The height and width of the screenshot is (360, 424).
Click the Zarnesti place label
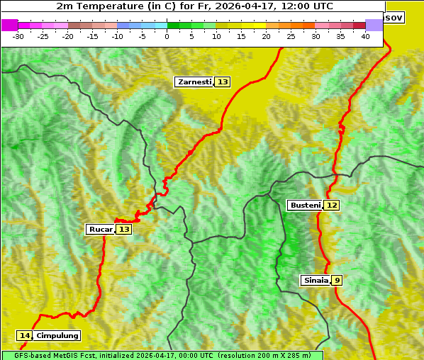coord(194,82)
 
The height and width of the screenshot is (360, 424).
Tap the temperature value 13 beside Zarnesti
coord(223,82)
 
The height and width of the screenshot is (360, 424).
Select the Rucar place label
coord(101,230)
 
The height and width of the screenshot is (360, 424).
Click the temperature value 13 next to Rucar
coord(124,230)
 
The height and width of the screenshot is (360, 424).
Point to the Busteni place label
coord(304,206)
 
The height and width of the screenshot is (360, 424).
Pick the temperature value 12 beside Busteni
coord(332,206)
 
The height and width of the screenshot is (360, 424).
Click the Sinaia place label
coord(316,281)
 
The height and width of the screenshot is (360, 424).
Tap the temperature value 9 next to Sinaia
coord(337,281)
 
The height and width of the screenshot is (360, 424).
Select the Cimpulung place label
coord(57,336)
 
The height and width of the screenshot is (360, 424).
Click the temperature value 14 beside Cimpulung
coord(25,336)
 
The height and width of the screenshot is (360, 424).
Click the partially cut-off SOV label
coord(394,17)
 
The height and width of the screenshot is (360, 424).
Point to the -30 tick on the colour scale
coord(18,36)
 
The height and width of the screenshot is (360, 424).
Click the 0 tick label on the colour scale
coord(167,36)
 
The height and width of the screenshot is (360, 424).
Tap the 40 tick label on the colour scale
coord(365,36)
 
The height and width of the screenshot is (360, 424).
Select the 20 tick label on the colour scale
coord(266,36)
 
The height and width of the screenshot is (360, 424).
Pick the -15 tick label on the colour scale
coord(92,36)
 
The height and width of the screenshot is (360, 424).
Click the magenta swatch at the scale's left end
coord(10,25)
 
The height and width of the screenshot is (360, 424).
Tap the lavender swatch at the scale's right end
coord(374,25)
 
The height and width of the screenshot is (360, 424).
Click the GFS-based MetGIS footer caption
coord(162,355)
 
